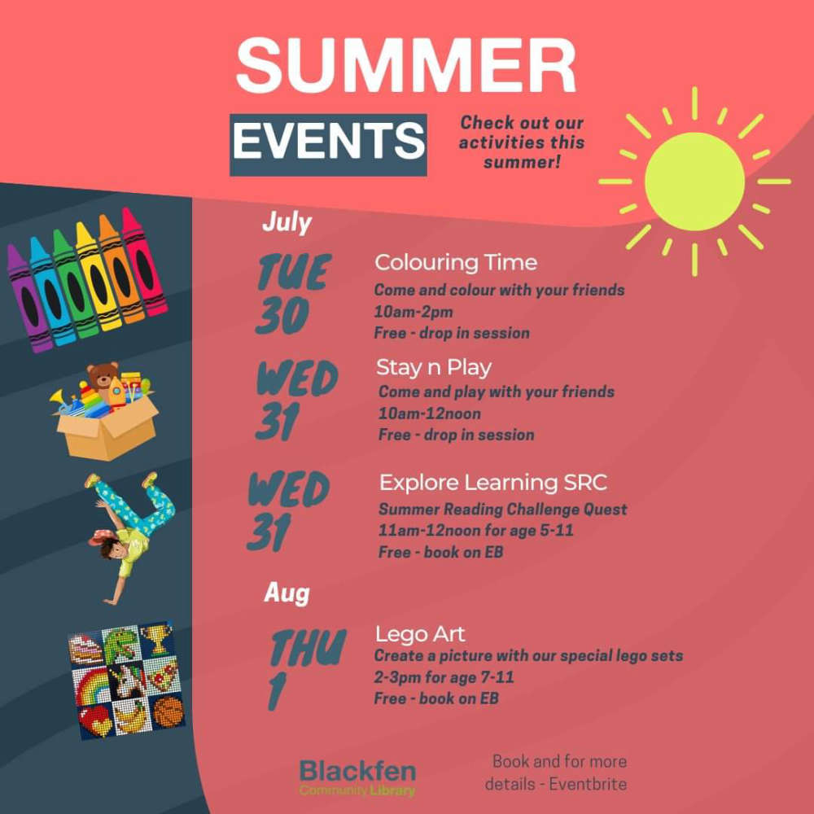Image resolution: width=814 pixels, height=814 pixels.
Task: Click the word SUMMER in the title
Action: click(x=406, y=64)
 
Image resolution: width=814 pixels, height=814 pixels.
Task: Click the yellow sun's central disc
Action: click(x=694, y=182)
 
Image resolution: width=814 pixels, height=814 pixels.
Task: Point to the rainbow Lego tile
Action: click(x=91, y=685)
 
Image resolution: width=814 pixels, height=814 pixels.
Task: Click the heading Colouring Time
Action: click(x=456, y=263)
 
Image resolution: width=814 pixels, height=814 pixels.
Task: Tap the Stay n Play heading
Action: click(x=434, y=368)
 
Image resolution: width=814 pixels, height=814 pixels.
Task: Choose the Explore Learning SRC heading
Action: click(x=493, y=483)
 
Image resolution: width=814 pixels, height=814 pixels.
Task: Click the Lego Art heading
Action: click(x=420, y=634)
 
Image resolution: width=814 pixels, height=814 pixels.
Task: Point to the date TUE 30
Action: click(x=291, y=294)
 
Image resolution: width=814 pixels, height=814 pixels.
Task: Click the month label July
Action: click(x=287, y=221)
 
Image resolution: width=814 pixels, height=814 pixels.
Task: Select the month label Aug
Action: click(x=287, y=593)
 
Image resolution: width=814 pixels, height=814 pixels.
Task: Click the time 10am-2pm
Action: click(x=414, y=312)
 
